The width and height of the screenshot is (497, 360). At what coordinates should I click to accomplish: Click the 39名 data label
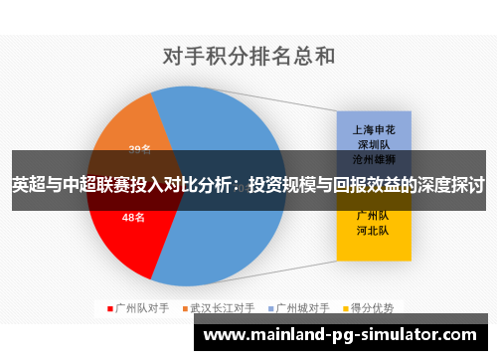140,150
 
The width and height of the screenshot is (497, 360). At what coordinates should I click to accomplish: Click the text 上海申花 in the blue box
373,129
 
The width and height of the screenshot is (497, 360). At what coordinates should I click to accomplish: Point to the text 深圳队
373,144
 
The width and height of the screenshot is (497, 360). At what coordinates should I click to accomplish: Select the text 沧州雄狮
373,159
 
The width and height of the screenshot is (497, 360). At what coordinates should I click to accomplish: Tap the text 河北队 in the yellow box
373,230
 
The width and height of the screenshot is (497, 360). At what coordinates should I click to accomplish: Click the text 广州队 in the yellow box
373,214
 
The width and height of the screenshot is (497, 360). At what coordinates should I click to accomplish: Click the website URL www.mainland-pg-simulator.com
354,335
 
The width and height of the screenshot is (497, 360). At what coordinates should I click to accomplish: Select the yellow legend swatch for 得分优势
344,307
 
